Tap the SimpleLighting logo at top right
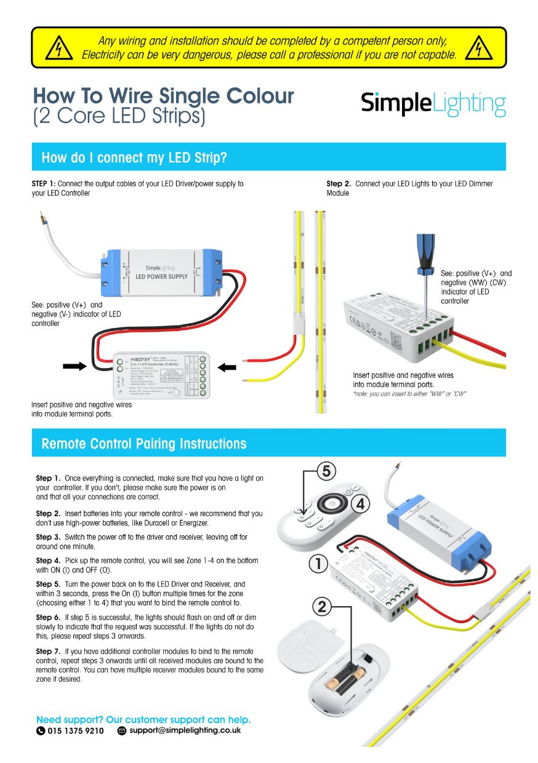[x=433, y=103]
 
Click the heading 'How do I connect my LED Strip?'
[x=134, y=158]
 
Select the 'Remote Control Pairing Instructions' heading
[x=143, y=444]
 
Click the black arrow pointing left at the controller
[x=227, y=367]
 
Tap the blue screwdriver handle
[x=425, y=252]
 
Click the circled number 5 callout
[x=326, y=471]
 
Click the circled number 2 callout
[x=323, y=607]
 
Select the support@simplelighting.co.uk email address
[x=185, y=730]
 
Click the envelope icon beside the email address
[x=122, y=731]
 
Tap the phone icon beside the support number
[x=41, y=731]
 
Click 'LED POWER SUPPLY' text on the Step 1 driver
[x=161, y=276]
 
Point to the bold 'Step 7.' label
[x=48, y=651]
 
